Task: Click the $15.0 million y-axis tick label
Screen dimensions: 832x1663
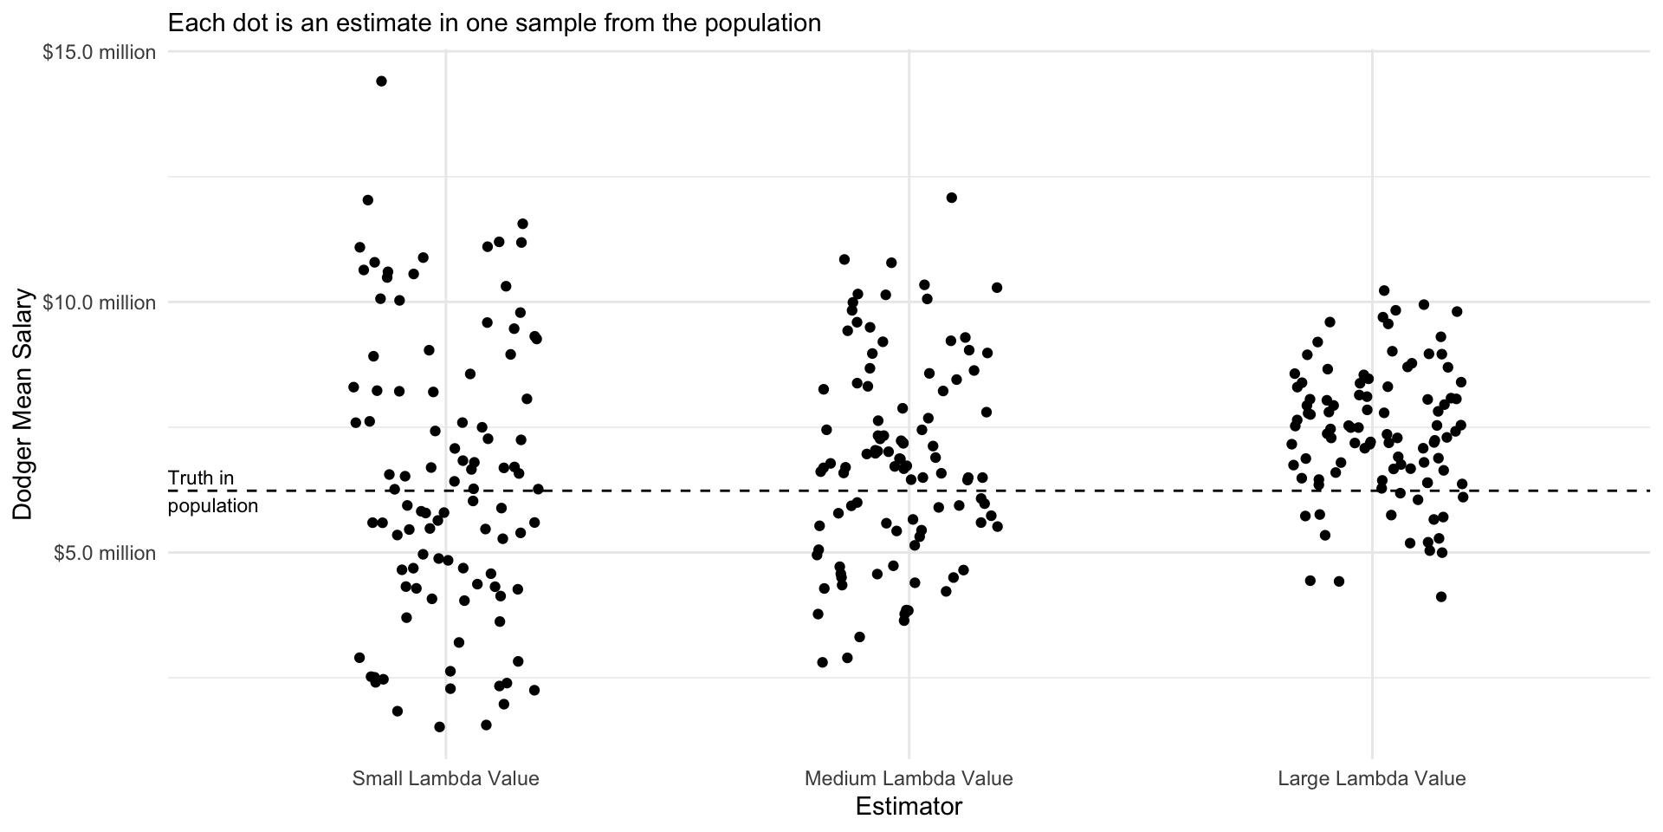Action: [100, 53]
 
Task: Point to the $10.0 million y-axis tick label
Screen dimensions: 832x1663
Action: [100, 302]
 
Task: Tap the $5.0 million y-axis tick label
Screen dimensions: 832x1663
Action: [104, 553]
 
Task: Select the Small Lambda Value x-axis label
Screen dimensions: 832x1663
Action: [445, 778]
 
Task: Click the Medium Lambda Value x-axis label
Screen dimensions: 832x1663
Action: [909, 778]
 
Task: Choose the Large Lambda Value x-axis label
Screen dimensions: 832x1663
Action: [1371, 778]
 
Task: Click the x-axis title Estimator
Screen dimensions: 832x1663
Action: [909, 807]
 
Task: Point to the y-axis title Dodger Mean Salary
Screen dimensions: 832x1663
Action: [23, 404]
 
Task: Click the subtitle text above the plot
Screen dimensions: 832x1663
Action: [494, 23]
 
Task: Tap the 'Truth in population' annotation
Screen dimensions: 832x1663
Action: [212, 491]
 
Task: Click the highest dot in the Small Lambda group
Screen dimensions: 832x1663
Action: [381, 81]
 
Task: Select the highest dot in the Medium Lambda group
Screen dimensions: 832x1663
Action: [951, 198]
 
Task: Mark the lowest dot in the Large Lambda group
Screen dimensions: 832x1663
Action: [1441, 596]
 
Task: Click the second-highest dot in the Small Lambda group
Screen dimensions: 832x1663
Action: [367, 200]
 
